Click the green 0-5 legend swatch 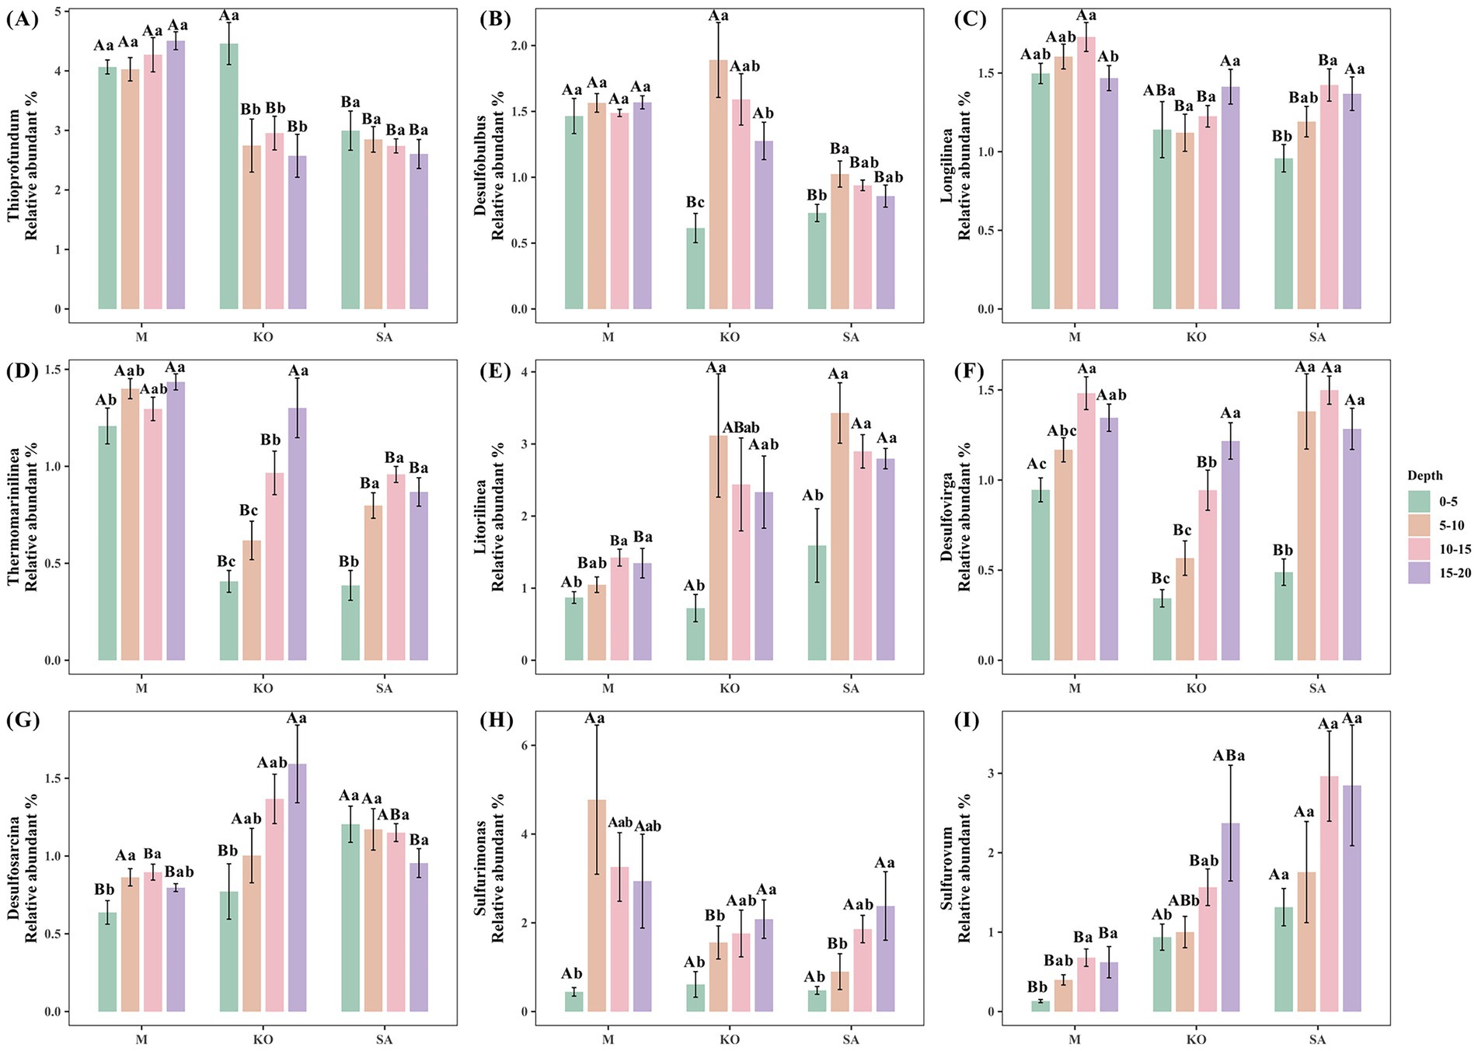point(1419,501)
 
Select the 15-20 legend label point(1455,572)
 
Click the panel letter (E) point(495,371)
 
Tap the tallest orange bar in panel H point(597,905)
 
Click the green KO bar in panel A point(229,176)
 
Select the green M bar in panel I point(1041,1006)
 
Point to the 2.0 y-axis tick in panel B point(518,46)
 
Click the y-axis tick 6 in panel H point(523,745)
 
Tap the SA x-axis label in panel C point(1317,337)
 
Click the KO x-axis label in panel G point(263,1039)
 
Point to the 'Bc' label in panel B point(695,203)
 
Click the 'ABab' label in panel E point(741,428)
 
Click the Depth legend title point(1424,475)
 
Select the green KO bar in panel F point(1162,629)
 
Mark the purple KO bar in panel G point(298,888)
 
